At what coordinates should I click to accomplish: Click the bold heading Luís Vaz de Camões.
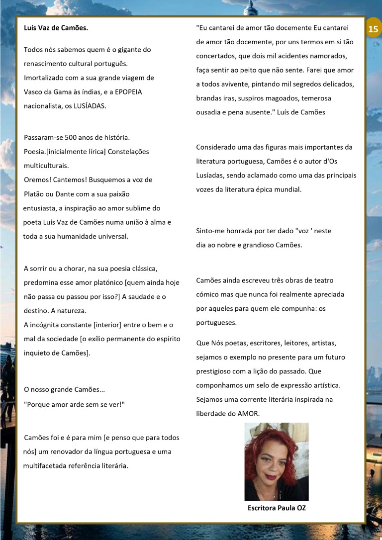point(56,28)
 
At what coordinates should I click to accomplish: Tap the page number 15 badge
point(373,29)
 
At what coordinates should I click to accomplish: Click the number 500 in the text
point(70,137)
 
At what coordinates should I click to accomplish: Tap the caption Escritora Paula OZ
point(276,508)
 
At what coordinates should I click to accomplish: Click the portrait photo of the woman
point(276,461)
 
